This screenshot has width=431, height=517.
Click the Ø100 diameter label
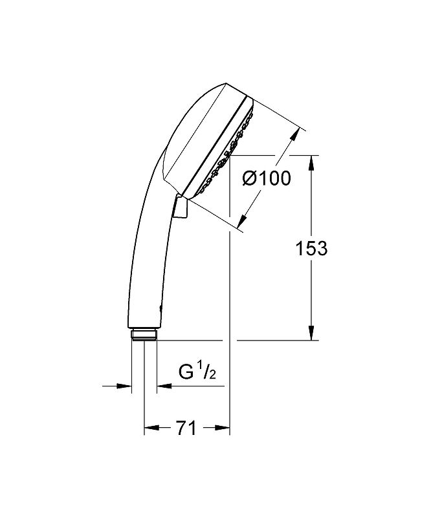267,178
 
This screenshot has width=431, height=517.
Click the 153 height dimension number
311,248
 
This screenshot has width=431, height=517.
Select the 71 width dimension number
186,428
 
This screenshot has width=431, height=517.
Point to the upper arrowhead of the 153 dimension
311,163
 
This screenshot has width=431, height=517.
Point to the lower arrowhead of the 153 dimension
311,333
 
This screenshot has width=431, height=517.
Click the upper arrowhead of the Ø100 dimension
295,135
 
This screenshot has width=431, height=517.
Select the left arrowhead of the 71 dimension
152,428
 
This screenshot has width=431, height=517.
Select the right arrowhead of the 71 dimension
222,428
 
